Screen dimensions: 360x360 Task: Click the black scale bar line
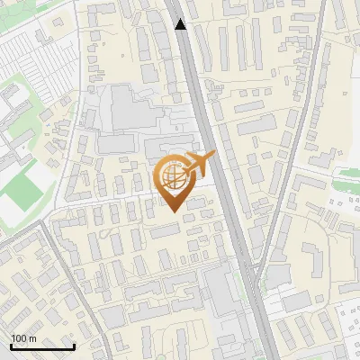tap(41, 346)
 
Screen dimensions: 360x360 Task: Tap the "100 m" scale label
tap(23, 338)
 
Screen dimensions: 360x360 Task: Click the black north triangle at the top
tap(181, 24)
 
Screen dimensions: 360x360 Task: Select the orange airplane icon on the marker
tap(199, 165)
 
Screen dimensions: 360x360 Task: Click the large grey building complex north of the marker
tap(135, 108)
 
